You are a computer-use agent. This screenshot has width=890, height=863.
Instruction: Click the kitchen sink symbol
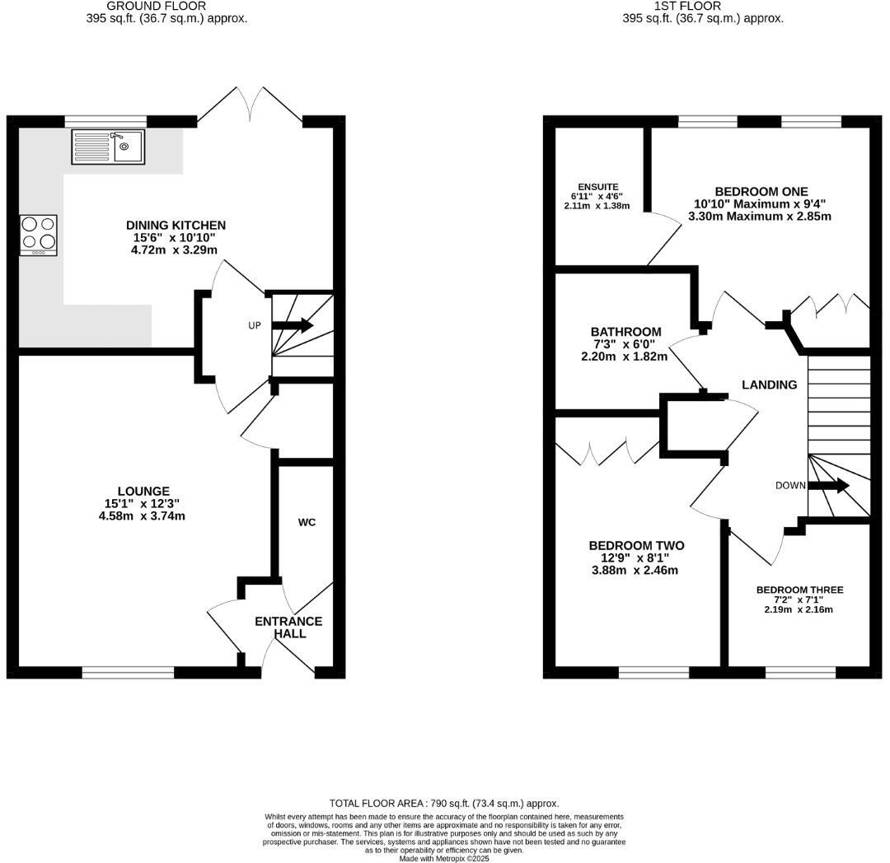pos(108,147)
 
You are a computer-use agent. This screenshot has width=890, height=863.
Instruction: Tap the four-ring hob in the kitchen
pos(39,234)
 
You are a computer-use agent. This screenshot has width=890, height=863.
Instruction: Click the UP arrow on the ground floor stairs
pos(292,325)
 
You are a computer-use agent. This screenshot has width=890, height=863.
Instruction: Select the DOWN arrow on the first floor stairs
pos(828,485)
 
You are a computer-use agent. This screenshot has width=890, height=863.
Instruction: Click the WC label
pos(307,522)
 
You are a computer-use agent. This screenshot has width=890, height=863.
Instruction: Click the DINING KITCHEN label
pos(176,225)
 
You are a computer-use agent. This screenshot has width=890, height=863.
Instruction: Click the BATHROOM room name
pos(625,332)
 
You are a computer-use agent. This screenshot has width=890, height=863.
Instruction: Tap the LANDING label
pos(770,385)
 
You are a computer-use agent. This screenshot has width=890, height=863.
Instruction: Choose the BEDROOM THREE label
pos(799,590)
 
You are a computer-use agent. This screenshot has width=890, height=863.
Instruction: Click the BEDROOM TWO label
pos(636,545)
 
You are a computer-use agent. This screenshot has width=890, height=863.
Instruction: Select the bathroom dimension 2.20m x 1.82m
pos(625,357)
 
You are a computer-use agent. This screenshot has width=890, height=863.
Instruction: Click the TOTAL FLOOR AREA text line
pos(444,803)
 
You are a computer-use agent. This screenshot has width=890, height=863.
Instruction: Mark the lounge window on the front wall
pos(128,673)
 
